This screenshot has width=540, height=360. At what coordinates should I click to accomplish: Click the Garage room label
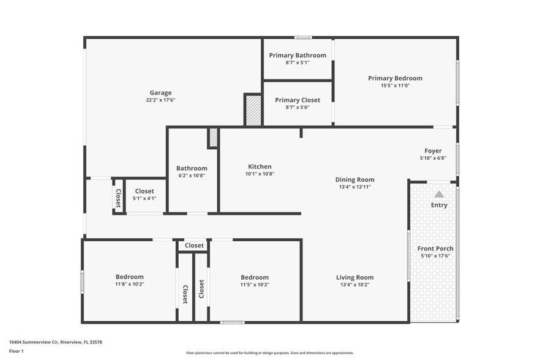coord(160,93)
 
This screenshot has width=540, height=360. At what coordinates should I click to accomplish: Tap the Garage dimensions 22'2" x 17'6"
coord(160,100)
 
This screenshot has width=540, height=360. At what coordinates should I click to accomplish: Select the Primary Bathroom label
coord(298,55)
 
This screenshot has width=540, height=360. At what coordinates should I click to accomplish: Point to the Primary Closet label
coord(298,100)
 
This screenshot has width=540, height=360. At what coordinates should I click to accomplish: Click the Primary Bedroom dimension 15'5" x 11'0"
coord(395,85)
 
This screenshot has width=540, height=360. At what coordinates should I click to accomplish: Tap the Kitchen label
coord(260,167)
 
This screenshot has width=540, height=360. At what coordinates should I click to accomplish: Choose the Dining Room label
coord(354,179)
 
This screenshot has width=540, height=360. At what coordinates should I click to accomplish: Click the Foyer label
coord(433,151)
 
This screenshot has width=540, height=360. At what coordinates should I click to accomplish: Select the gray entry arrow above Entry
coord(439,193)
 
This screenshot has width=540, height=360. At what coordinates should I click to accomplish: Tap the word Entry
coord(439,205)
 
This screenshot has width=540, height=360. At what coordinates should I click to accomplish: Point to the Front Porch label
coord(435,249)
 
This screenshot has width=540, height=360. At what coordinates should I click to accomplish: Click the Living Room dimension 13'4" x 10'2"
coord(354,284)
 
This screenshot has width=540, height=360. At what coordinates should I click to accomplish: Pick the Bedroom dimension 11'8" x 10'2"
coord(129,284)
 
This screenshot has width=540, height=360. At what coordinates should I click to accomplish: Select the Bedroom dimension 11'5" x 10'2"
coord(254,284)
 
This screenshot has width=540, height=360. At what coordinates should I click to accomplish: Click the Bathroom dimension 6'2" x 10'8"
coord(192,176)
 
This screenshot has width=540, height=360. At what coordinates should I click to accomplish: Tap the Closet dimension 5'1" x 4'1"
coord(144,198)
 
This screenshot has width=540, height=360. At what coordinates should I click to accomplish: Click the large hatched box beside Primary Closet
coord(253,110)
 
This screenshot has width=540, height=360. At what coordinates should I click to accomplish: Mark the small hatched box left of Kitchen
coord(213,138)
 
